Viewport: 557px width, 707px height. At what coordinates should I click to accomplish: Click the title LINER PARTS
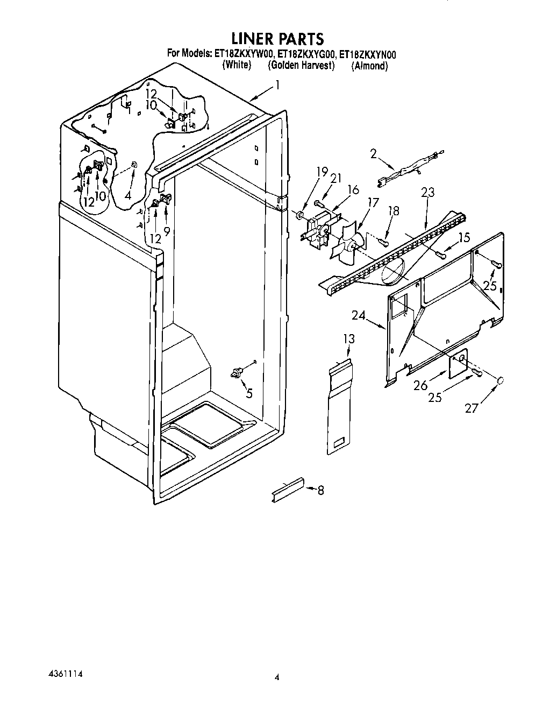pos(277,39)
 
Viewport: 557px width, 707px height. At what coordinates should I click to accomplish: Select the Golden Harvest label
pos(301,66)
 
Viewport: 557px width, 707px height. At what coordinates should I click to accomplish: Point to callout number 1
pos(277,84)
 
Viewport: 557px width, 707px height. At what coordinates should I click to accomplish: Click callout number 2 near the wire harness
pos(373,153)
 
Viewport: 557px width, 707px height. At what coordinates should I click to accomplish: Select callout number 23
pos(429,192)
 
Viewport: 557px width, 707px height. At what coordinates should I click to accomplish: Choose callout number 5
pos(249,393)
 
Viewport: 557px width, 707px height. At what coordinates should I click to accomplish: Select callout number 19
pos(322,172)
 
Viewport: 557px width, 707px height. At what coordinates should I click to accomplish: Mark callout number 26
pos(420,385)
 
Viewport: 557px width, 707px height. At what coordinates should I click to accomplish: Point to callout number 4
pos(127,196)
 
